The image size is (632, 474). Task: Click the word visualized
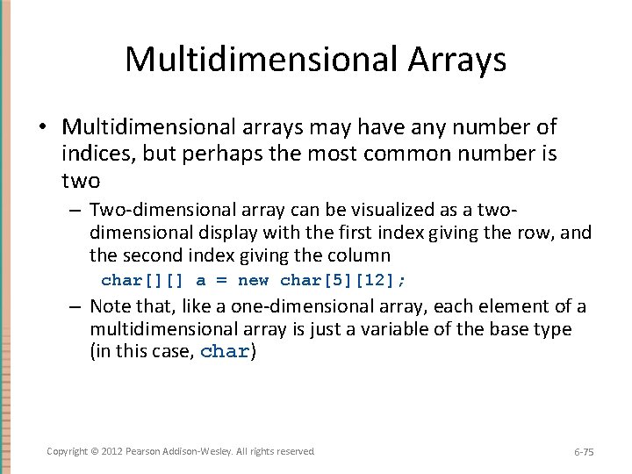[402, 211]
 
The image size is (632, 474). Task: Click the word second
[150, 256]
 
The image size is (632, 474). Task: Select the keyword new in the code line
[254, 281]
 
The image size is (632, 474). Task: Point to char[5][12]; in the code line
[343, 281]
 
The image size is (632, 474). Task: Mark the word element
[510, 307]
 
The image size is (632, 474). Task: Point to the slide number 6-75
[584, 452]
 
